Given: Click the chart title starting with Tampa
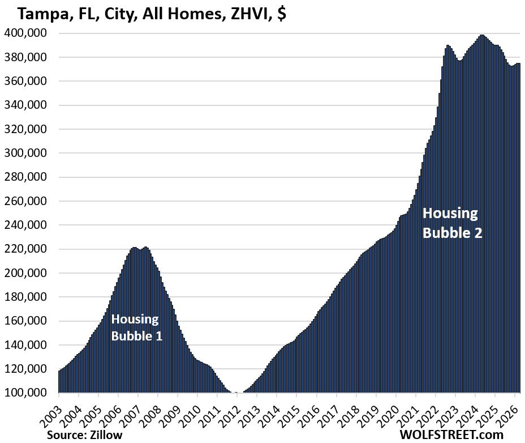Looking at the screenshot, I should pos(145,14).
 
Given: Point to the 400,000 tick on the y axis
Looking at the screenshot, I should pos(27,33).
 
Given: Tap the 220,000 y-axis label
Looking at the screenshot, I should pos(27,249).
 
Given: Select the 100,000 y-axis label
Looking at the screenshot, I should pos(27,393).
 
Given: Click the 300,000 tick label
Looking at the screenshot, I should pos(27,153).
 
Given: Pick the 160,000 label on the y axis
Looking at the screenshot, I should pos(27,321).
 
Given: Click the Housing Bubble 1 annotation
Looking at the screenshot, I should pos(136,327).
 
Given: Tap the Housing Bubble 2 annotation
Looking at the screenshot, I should pos(452,223).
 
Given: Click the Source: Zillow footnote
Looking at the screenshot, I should pos(84,435).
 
